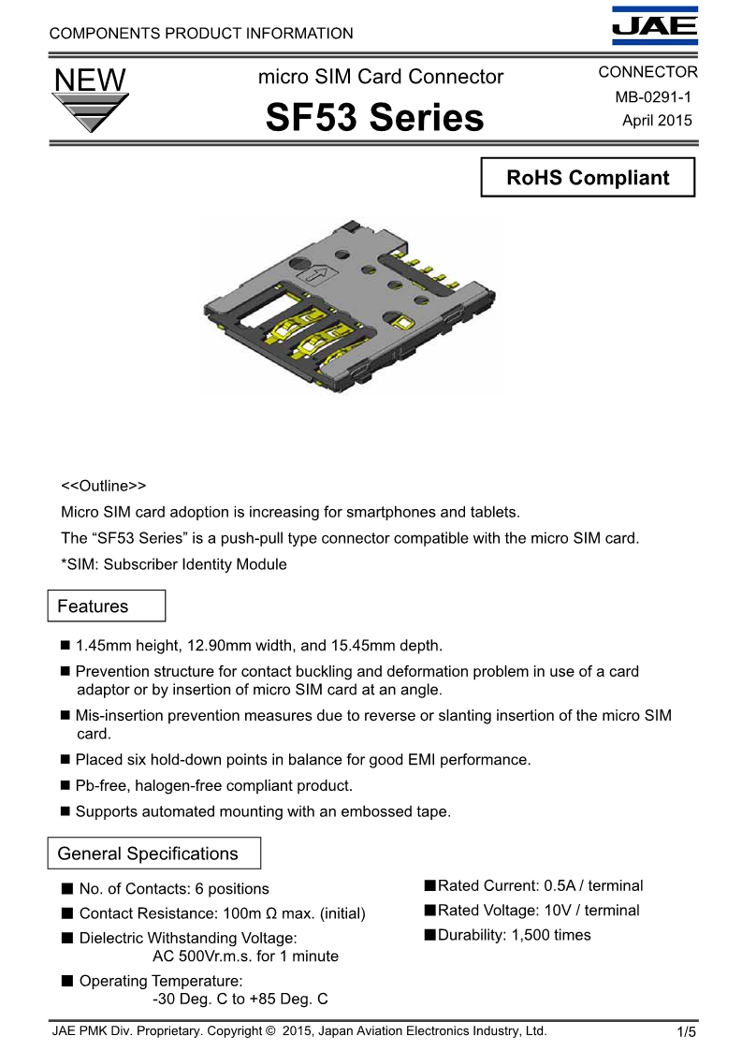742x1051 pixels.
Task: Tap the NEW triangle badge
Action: pos(90,101)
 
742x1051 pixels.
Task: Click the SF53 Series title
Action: pos(375,118)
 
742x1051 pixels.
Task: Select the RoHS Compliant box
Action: pos(588,178)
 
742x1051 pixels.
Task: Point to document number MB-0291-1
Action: pos(653,96)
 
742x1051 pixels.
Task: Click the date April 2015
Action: pos(657,120)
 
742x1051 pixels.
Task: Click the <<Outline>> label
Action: pos(104,487)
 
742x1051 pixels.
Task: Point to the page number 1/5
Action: pos(687,1032)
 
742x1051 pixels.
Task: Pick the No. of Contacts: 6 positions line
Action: pos(173,889)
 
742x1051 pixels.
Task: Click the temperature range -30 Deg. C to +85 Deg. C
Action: pos(240,1000)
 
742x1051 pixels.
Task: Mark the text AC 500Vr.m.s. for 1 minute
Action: pos(245,956)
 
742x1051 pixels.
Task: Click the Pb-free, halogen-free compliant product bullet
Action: pos(213,786)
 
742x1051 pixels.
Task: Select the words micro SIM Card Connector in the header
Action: pos(381,77)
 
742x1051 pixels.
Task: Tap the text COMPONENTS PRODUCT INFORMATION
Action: pos(201,34)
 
